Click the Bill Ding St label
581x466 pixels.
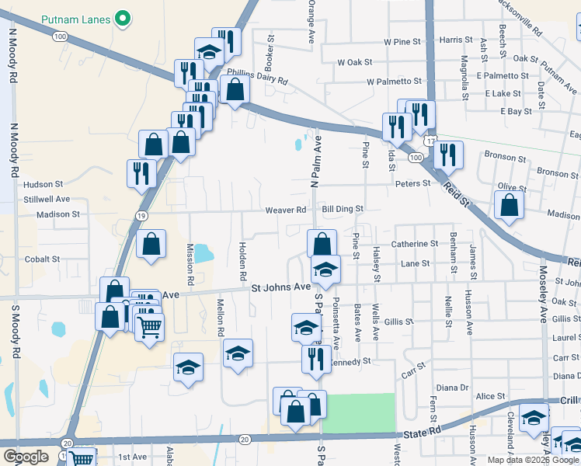343,209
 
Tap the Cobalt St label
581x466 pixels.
42,259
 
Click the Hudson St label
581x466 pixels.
43,184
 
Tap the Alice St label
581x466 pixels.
490,396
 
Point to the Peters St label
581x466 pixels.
412,183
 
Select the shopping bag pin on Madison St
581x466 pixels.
509,206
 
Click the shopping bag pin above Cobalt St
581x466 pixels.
151,242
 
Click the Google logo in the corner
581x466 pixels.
26,457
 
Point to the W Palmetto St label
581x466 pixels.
394,81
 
